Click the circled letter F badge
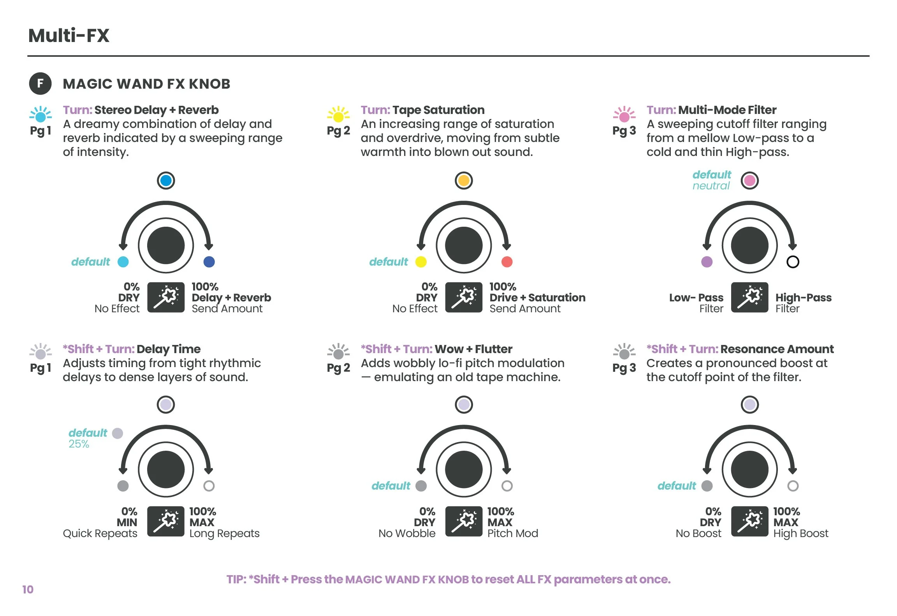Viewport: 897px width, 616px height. (40, 83)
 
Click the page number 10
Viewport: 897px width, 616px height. (28, 589)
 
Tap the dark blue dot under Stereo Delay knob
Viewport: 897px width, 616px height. (209, 262)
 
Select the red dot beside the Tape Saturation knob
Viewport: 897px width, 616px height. (507, 262)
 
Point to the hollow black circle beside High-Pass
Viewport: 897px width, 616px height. (793, 262)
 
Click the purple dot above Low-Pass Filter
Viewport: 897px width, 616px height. (707, 262)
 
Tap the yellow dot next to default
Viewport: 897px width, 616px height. (421, 262)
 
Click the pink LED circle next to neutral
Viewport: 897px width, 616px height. (749, 180)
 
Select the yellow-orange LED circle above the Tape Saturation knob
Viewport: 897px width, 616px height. (464, 180)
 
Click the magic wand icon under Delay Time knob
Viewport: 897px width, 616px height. (166, 521)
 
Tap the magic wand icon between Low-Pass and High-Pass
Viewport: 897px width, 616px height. (749, 297)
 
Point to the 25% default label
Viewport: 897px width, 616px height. (79, 444)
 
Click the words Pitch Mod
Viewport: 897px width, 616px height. (512, 533)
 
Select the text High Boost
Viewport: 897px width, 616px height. (800, 533)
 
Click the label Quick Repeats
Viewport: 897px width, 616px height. (100, 533)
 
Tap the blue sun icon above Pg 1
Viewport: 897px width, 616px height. (40, 115)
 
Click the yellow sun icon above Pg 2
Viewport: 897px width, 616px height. (338, 115)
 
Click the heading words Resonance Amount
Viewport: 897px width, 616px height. (777, 349)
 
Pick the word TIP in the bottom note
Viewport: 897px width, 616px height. (236, 579)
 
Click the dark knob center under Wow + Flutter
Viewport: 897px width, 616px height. (464, 469)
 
